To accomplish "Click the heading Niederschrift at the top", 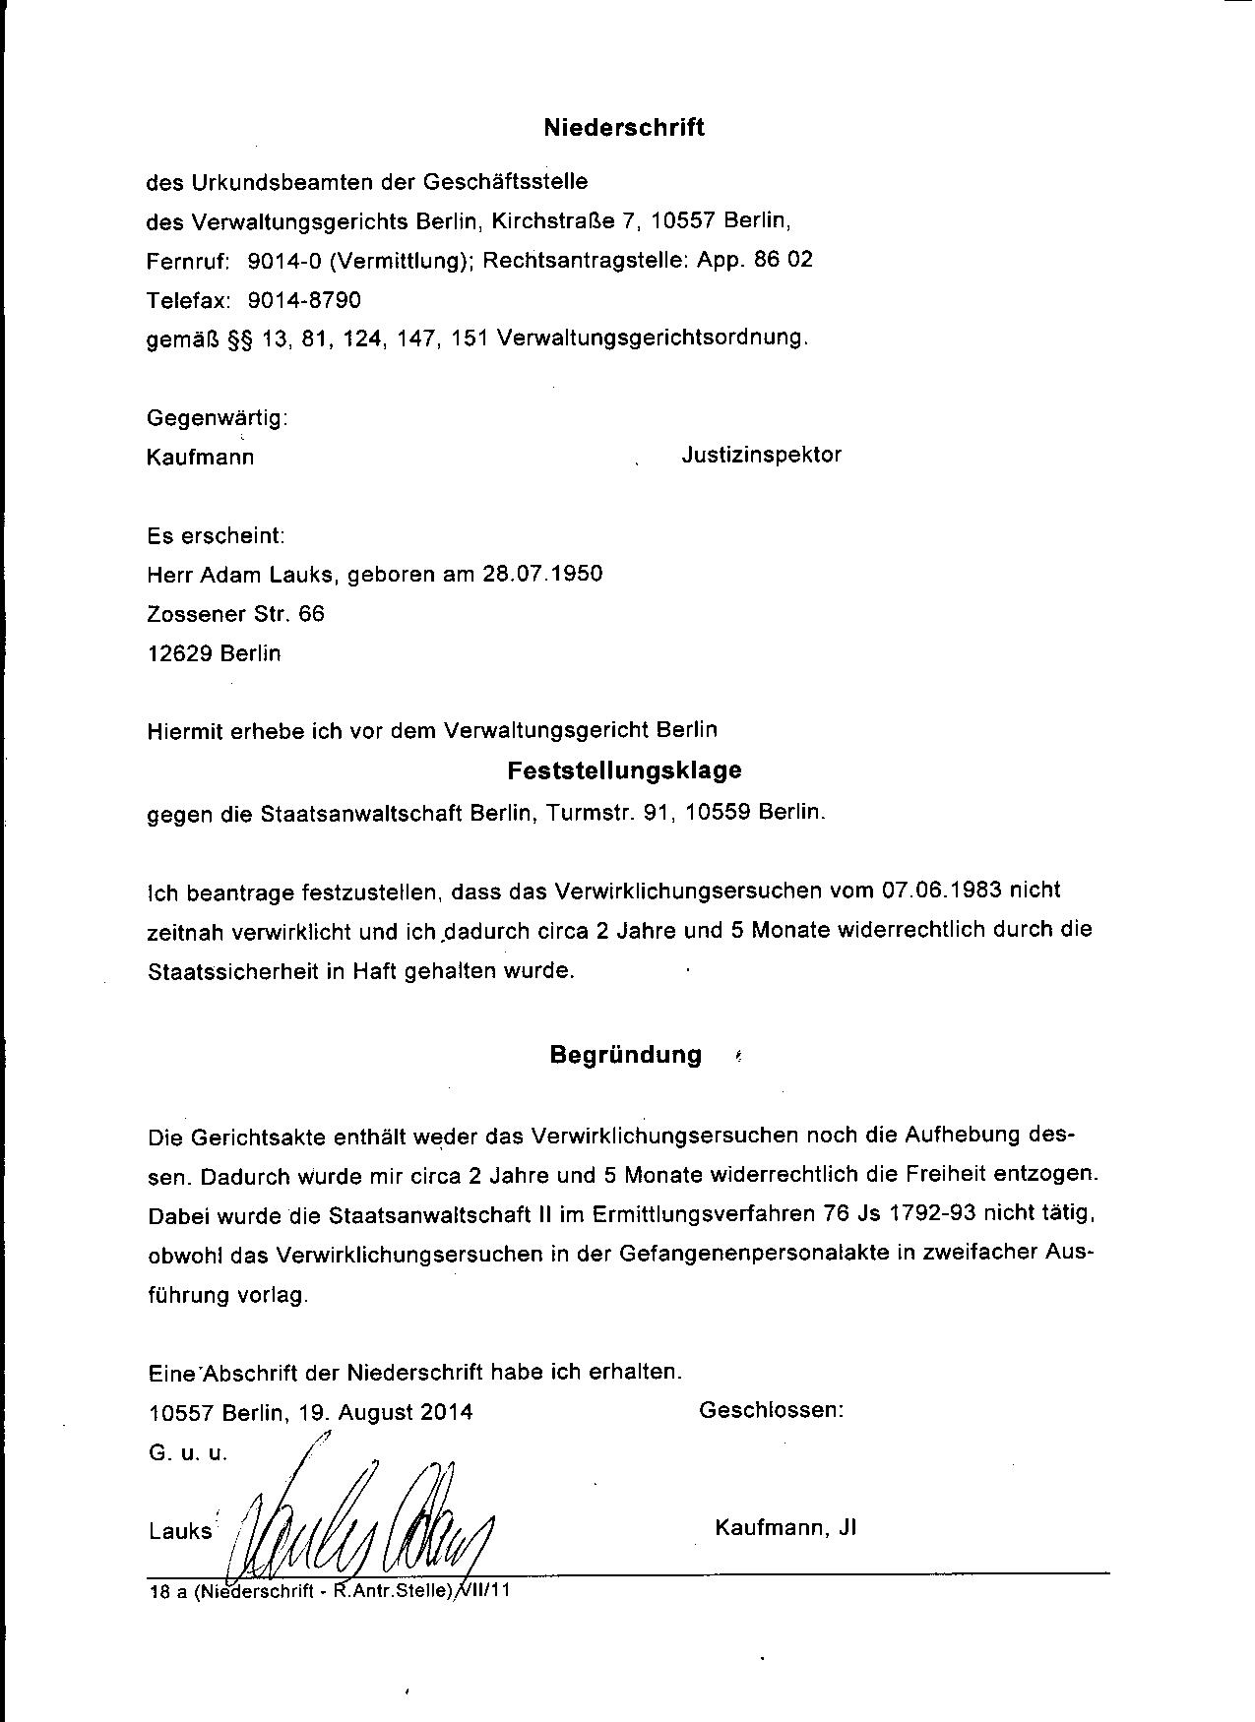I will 624,128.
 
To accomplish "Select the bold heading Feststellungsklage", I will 624,770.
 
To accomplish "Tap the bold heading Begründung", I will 625,1056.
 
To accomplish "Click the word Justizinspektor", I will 761,456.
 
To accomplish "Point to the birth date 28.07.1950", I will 541,575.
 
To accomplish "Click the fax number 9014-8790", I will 304,299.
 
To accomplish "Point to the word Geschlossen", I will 771,1410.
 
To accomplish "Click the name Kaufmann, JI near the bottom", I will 785,1528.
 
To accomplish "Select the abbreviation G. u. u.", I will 188,1452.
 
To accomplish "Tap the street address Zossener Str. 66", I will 235,614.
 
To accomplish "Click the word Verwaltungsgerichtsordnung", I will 653,338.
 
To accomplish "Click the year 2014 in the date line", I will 446,1412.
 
